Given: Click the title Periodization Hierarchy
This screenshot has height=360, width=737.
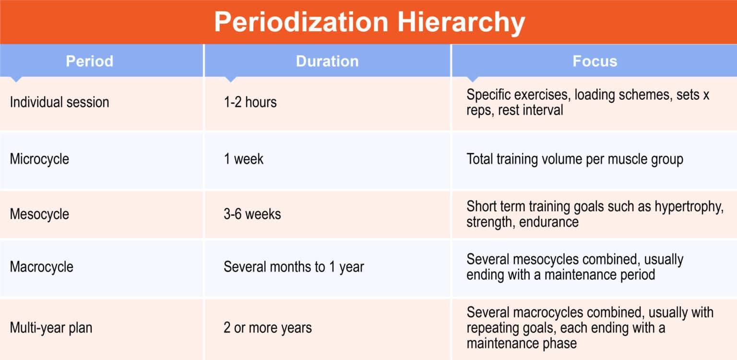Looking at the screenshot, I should [368, 22].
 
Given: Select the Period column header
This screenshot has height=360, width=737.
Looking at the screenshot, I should [89, 61].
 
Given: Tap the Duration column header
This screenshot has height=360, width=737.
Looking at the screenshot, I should [327, 61].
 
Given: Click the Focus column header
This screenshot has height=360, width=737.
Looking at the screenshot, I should [594, 61].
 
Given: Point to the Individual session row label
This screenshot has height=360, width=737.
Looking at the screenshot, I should [59, 102].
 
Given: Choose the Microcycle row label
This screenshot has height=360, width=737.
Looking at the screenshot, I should [39, 159].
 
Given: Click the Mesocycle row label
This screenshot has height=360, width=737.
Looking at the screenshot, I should [39, 214].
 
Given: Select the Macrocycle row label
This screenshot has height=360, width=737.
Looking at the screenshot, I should [42, 266].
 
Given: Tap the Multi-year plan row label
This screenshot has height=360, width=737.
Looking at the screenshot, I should [51, 328].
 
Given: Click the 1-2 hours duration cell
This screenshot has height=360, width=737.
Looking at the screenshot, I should [250, 102].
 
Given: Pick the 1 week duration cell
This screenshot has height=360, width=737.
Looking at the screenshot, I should [243, 159].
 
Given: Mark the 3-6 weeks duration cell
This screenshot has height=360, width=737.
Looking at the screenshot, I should [252, 214].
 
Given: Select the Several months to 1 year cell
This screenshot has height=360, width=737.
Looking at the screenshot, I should [294, 266].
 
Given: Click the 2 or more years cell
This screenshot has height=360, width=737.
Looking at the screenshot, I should [267, 328].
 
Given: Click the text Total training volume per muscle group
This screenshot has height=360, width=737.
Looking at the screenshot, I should [574, 159].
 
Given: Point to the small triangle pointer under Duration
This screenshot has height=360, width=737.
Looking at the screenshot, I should [231, 79].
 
